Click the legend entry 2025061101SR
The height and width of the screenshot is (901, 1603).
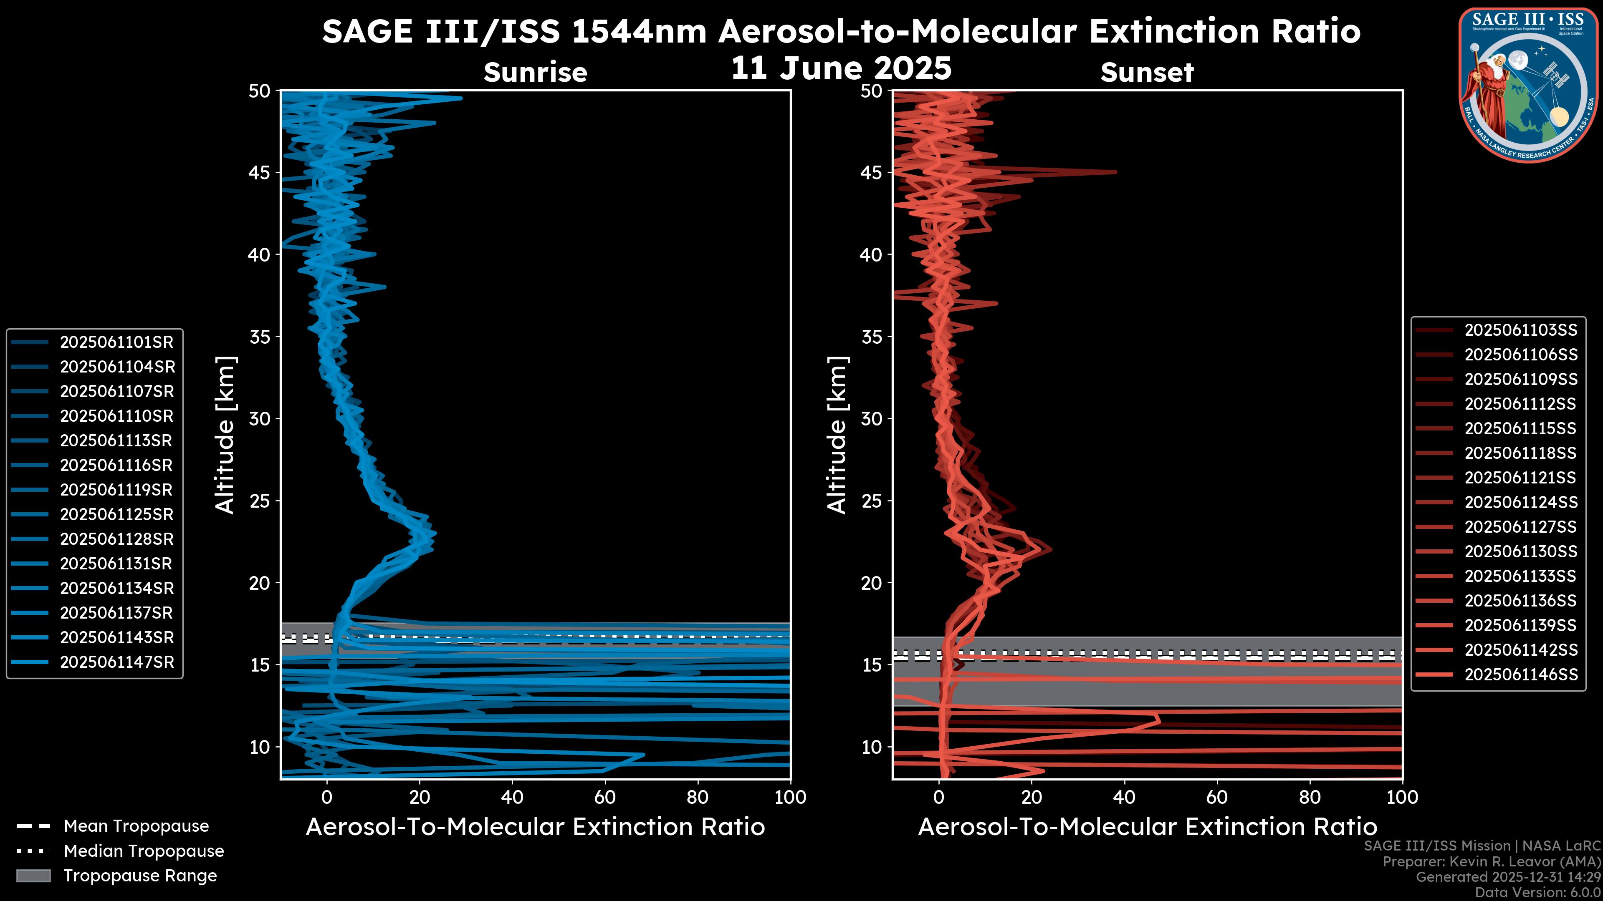point(117,342)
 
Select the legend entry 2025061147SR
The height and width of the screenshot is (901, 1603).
point(117,662)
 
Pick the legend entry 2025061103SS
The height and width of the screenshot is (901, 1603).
point(1521,330)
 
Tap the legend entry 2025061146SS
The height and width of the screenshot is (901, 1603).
point(1521,674)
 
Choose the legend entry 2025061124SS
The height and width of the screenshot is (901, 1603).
point(1521,502)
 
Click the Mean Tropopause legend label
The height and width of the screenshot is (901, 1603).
point(136,826)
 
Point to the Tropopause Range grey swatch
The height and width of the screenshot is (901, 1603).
point(33,876)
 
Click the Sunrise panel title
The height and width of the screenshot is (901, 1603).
point(535,73)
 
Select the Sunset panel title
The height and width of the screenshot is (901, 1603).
point(1147,73)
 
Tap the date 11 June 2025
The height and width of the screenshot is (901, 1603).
point(841,68)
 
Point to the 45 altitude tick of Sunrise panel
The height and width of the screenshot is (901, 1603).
point(260,173)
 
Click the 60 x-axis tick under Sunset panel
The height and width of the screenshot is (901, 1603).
point(1216,797)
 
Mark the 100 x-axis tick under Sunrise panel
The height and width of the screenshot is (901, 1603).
point(790,797)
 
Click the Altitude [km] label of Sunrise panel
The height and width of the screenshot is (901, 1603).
point(225,435)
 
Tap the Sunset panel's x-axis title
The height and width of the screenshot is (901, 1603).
point(1147,827)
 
